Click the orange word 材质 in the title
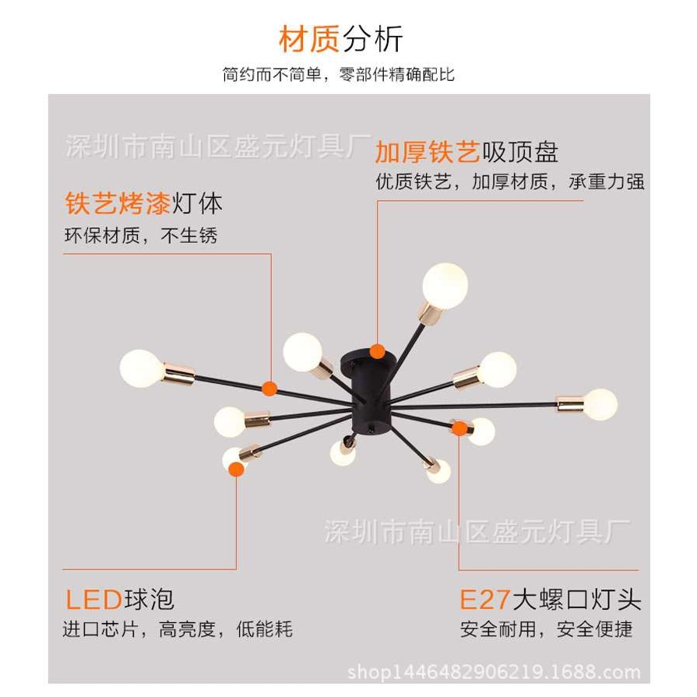pos(309,39)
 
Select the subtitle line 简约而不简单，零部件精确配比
pos(338,75)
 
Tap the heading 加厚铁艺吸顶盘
pos(466,151)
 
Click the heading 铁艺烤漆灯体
pos(143,204)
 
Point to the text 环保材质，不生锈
pos(140,235)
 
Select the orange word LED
pos(93,599)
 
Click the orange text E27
pos(484,599)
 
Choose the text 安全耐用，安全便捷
pos(546,628)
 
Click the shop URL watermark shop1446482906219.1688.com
pos(494,672)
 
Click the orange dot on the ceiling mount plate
pos(378,351)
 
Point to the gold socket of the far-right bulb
pos(570,404)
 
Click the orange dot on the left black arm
pos(269,387)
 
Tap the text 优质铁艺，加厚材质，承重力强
pos(509,182)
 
